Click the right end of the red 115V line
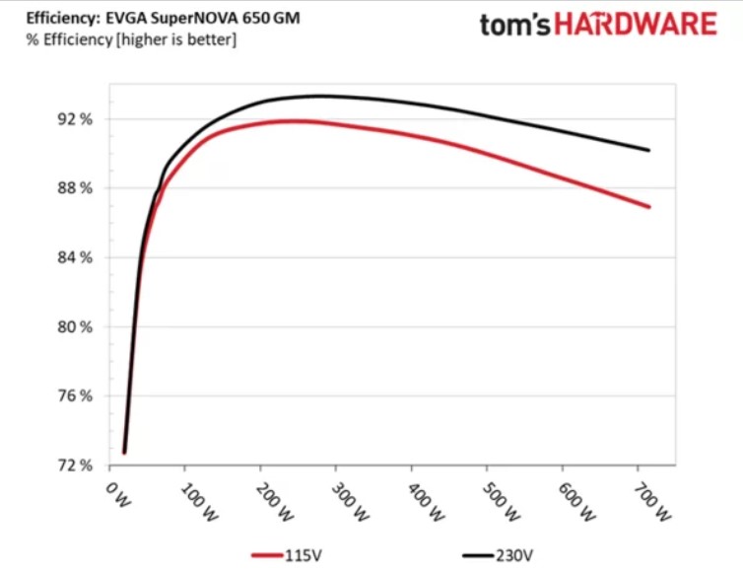click(x=649, y=207)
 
